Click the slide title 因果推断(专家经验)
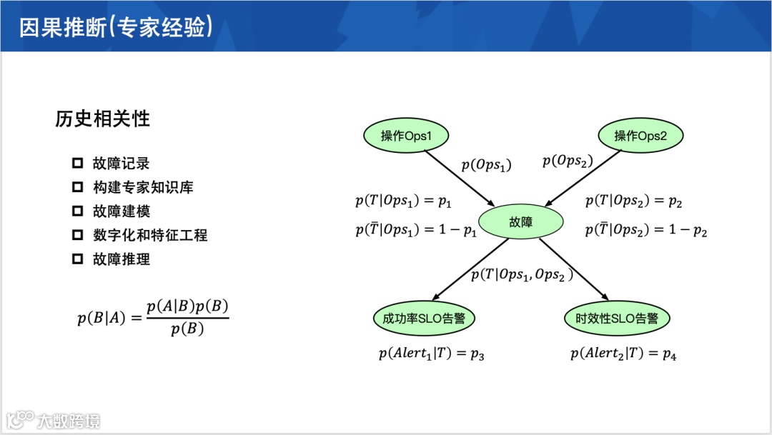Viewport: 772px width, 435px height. point(114,27)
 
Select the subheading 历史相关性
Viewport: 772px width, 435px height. point(102,119)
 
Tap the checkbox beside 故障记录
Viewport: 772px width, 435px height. point(78,164)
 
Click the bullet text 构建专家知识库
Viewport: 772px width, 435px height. point(143,187)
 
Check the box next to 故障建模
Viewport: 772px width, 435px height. point(78,211)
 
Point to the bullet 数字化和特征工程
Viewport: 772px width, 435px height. point(150,235)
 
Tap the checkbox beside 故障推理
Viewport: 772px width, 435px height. point(78,259)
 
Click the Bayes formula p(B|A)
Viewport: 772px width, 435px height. point(153,318)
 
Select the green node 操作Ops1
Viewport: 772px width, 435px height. point(405,136)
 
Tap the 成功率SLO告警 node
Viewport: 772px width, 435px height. point(424,319)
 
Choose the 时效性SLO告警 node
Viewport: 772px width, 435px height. point(617,319)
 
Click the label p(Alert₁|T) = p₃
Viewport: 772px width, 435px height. point(432,353)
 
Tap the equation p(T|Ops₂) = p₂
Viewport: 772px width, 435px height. point(633,201)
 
